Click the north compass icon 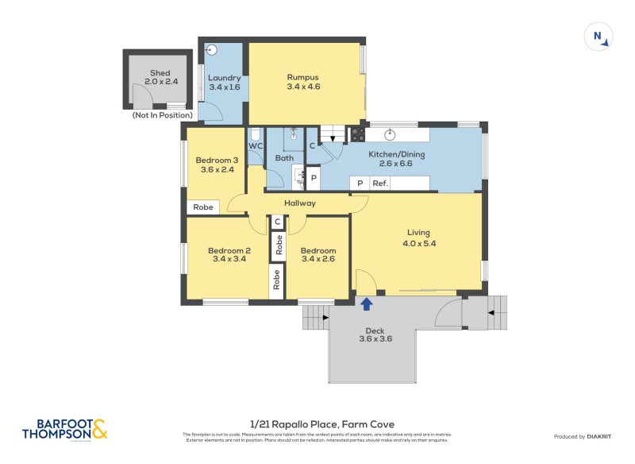click(598, 37)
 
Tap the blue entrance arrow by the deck click(367, 303)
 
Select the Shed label click(160, 73)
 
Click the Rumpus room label click(302, 77)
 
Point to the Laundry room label click(224, 78)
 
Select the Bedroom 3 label click(217, 160)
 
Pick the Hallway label click(300, 203)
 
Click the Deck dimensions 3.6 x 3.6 click(375, 338)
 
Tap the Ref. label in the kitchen click(380, 184)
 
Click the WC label click(256, 146)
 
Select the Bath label click(284, 158)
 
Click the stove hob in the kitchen click(357, 134)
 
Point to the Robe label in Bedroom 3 click(203, 207)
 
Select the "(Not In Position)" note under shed click(164, 116)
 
